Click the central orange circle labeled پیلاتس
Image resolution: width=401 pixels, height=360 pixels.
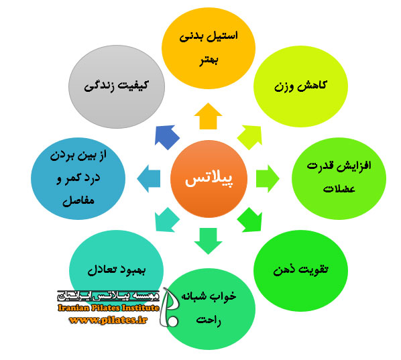tap(209, 179)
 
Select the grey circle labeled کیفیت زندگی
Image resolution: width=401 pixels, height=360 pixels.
tap(117, 87)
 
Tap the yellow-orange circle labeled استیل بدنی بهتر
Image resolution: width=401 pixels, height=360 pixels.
tap(209, 48)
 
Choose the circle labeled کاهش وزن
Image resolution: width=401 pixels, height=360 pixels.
tap(300, 86)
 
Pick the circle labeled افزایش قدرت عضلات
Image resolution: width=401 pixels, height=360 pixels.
tap(339, 178)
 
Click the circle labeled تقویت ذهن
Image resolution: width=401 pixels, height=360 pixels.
tap(300, 271)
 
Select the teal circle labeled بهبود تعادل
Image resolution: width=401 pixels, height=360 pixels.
tap(117, 268)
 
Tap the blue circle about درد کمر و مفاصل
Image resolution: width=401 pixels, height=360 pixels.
tap(78, 178)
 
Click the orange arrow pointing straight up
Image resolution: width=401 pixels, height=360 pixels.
tap(208, 116)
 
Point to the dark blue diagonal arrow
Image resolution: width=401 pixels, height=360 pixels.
tap(167, 137)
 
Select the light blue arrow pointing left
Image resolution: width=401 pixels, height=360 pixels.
tap(149, 179)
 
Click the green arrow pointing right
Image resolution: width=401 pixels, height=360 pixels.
tap(268, 179)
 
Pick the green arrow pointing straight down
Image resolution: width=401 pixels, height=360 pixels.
tap(208, 241)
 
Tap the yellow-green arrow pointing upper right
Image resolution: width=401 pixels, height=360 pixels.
tap(249, 137)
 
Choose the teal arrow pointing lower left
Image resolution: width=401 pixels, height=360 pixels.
tap(167, 220)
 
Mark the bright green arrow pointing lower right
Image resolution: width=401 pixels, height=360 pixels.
tap(249, 220)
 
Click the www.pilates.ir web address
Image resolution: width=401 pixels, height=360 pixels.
tap(108, 320)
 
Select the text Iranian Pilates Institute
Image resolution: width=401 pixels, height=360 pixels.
tap(109, 308)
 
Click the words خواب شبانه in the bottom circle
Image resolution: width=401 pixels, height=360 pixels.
tap(209, 296)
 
